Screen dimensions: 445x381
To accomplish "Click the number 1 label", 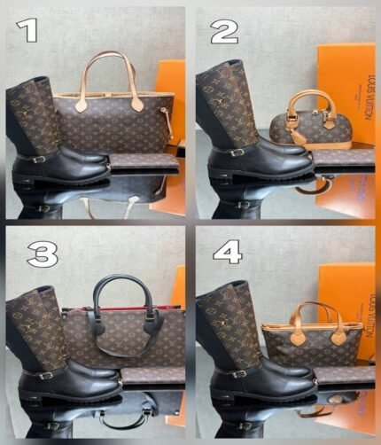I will pyautogui.click(x=30, y=32).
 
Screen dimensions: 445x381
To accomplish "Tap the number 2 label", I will pyautogui.click(x=224, y=34).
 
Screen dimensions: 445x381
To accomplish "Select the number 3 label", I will pyautogui.click(x=40, y=255).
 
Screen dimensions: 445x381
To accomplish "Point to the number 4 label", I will pyautogui.click(x=228, y=252).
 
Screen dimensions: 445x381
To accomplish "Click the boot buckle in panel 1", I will pyautogui.click(x=40, y=160).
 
